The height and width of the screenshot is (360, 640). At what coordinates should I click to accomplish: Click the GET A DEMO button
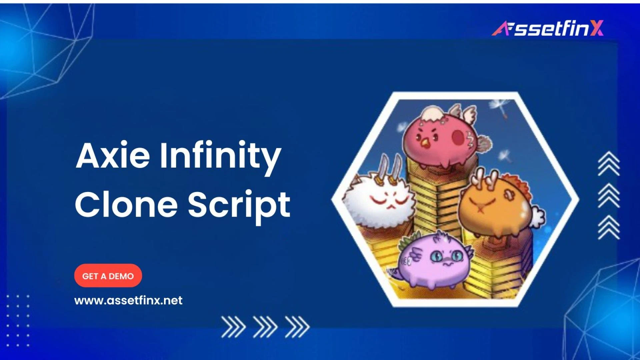tap(108, 276)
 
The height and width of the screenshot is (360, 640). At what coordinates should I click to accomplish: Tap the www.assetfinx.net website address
tap(128, 300)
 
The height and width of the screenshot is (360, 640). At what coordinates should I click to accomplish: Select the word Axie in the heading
tap(113, 156)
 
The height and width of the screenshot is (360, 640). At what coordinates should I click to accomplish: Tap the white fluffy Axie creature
tap(380, 200)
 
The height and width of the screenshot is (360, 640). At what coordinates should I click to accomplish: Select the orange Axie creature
tap(493, 207)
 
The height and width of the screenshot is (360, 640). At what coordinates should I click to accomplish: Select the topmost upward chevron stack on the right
tap(609, 163)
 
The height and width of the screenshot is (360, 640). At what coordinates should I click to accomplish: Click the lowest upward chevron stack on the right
tap(609, 227)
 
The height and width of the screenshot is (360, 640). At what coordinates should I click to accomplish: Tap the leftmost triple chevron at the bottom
tap(233, 327)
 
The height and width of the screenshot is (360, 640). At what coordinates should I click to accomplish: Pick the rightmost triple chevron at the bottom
tap(297, 327)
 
